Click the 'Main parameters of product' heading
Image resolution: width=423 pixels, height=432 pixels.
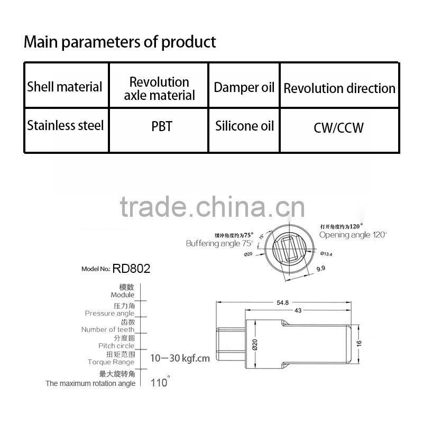119,42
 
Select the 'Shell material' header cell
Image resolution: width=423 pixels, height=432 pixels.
65,87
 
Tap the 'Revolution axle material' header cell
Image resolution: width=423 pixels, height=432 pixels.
159,88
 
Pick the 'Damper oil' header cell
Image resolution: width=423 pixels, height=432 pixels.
244,87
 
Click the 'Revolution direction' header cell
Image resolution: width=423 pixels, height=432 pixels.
339,88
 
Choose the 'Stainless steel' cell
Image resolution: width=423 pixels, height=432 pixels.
65,126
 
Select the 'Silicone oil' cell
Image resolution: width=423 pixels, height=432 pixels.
244,126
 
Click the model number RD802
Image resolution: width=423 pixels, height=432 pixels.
131,269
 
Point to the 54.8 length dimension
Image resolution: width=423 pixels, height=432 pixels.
282,302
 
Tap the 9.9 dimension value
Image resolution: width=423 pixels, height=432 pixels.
320,269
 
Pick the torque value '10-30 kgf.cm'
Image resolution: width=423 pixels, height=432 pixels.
180,358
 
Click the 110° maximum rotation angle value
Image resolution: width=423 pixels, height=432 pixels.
160,382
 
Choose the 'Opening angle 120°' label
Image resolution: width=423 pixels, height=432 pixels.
353,234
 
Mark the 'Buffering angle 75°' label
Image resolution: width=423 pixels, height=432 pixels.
219,243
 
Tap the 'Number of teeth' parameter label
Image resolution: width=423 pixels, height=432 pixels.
108,329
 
